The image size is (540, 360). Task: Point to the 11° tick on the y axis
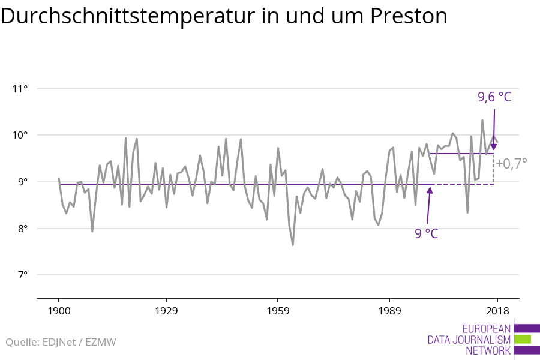(x=20, y=89)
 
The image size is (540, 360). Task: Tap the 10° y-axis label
(x=20, y=135)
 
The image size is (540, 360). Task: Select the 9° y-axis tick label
(x=22, y=182)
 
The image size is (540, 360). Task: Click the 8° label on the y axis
(x=22, y=229)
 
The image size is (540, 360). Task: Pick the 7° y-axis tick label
(x=22, y=275)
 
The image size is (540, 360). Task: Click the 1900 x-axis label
(x=59, y=311)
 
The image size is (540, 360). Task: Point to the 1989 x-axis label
(x=389, y=311)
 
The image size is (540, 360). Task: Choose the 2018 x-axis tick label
(x=497, y=311)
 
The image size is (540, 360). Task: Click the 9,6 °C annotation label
(x=494, y=97)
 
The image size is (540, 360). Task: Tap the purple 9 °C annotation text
(x=426, y=233)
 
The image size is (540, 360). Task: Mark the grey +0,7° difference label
(x=511, y=163)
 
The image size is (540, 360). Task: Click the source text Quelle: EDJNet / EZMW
(x=61, y=343)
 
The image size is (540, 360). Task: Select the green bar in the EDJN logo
(x=523, y=339)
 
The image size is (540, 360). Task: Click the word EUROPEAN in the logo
(x=487, y=329)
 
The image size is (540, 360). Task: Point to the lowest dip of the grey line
(x=293, y=245)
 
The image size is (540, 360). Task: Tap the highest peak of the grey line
(x=482, y=120)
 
